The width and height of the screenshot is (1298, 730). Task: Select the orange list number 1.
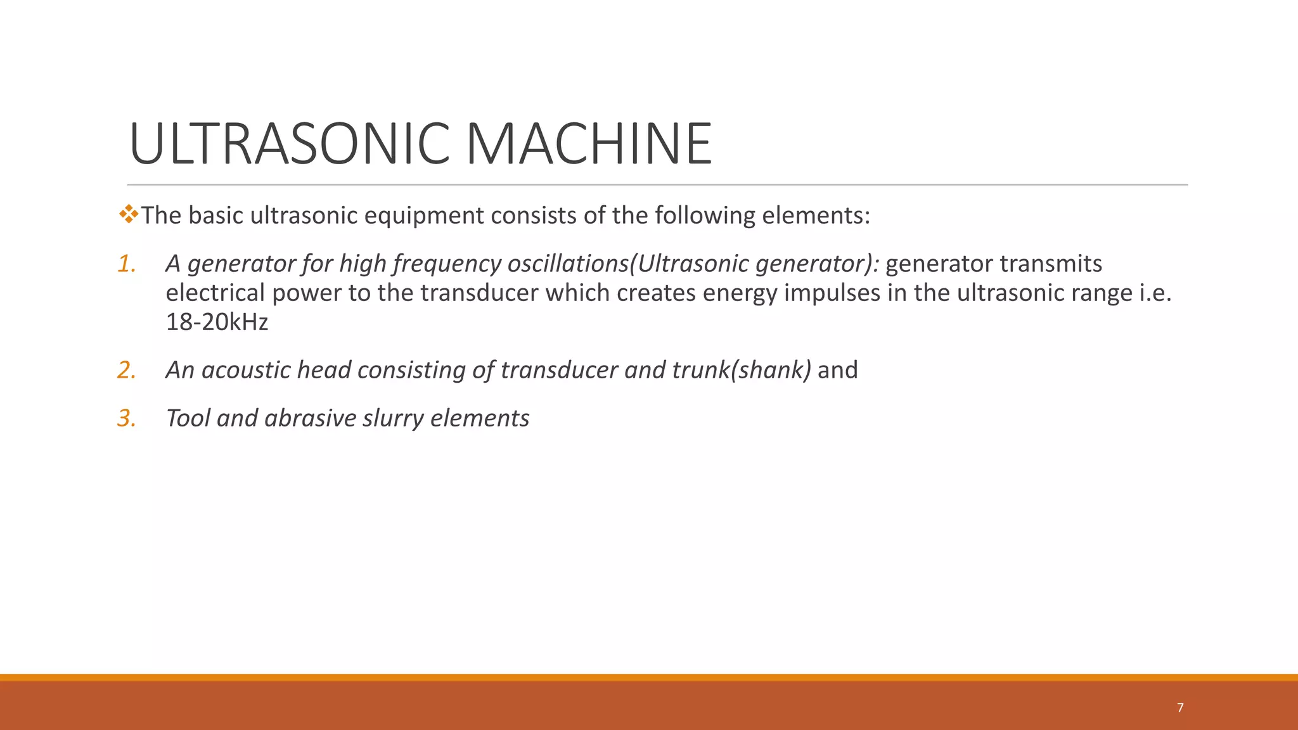pos(127,264)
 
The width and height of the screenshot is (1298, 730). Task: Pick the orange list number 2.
pos(127,370)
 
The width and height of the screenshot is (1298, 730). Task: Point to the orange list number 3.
pos(127,418)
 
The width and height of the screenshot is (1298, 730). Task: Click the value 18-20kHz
pos(217,322)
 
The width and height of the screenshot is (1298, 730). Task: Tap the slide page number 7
pos(1180,708)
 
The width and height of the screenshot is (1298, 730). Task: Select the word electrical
pos(215,293)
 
